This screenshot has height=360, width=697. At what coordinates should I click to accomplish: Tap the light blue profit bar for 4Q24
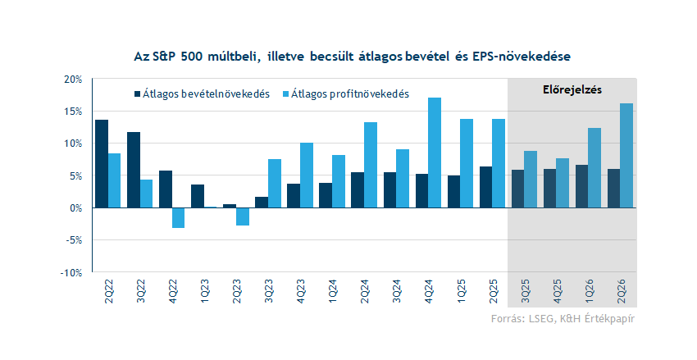[435, 153]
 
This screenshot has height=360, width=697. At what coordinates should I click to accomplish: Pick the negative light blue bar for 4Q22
[178, 217]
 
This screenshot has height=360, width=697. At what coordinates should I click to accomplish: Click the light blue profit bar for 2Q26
[626, 156]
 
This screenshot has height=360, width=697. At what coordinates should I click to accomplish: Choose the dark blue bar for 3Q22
[134, 170]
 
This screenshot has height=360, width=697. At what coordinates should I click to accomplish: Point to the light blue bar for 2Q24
[371, 165]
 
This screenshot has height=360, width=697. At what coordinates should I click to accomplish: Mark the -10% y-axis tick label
[71, 272]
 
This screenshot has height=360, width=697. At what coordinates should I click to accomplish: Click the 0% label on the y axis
[76, 208]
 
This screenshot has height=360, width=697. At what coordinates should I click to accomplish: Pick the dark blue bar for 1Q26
[581, 186]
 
